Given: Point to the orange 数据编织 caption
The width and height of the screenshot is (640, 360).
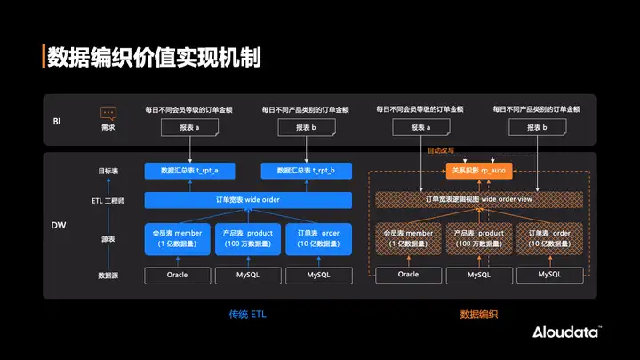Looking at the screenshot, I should (x=478, y=314).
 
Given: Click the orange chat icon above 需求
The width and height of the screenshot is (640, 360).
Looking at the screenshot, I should (x=108, y=114).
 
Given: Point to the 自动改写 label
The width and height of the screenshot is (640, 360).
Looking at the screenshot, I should (x=440, y=151).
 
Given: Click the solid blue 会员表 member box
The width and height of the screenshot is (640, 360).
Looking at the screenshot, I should (x=177, y=238).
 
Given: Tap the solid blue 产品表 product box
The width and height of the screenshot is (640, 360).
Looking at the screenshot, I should (x=247, y=238).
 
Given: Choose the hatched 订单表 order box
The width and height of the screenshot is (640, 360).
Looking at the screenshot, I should (x=549, y=238).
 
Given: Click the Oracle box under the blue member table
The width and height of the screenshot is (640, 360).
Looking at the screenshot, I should (x=177, y=276).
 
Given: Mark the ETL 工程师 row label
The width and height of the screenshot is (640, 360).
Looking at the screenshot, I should (x=108, y=201).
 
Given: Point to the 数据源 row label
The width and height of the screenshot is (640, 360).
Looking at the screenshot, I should (x=108, y=276).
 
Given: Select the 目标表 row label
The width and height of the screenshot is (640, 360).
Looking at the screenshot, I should (x=108, y=170).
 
